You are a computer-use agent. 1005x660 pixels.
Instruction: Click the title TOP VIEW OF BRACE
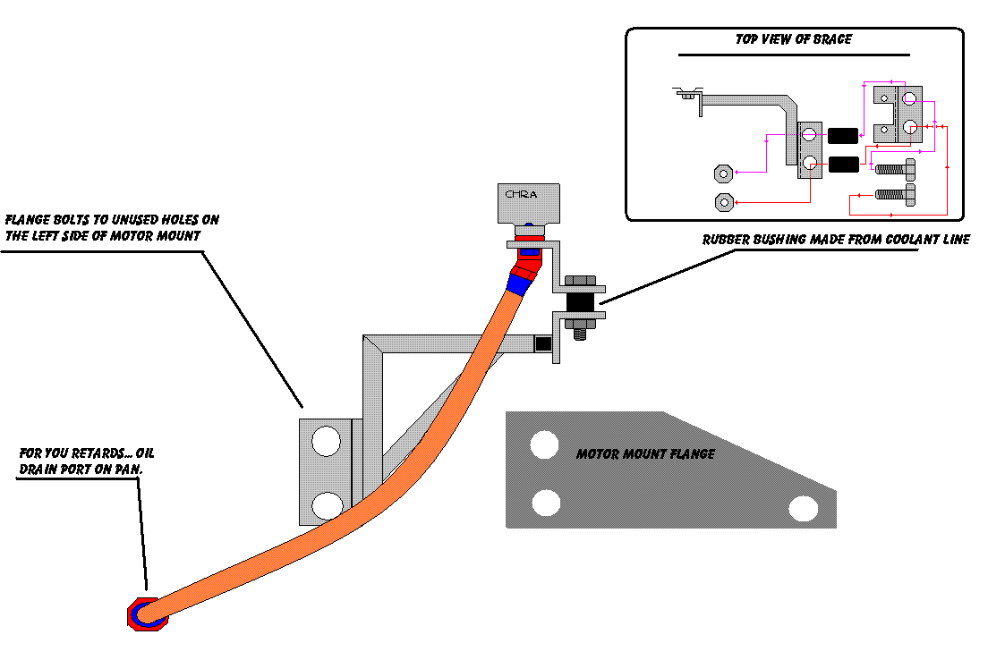click(793, 40)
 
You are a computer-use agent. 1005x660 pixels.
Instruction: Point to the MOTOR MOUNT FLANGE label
click(645, 454)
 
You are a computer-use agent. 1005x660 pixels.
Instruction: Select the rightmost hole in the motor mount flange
click(804, 509)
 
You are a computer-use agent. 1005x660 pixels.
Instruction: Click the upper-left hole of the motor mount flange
click(544, 444)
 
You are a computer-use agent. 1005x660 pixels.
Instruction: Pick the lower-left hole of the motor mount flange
click(546, 503)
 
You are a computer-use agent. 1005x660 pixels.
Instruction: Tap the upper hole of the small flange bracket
click(326, 441)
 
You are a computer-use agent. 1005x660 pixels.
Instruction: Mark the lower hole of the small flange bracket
click(326, 505)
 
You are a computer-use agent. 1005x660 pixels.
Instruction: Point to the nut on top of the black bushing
click(578, 282)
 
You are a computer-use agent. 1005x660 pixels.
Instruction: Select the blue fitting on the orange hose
click(520, 284)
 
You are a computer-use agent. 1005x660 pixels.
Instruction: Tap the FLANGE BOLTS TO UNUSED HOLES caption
click(112, 227)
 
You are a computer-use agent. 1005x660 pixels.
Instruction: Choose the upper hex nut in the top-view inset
click(723, 172)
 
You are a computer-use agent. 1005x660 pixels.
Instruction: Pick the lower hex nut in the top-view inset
click(723, 201)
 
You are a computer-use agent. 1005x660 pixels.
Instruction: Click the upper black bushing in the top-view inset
click(842, 136)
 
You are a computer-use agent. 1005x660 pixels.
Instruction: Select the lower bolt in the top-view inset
click(895, 193)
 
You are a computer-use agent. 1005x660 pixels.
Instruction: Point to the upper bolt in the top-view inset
click(895, 167)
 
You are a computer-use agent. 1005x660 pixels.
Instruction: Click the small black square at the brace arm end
click(541, 343)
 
